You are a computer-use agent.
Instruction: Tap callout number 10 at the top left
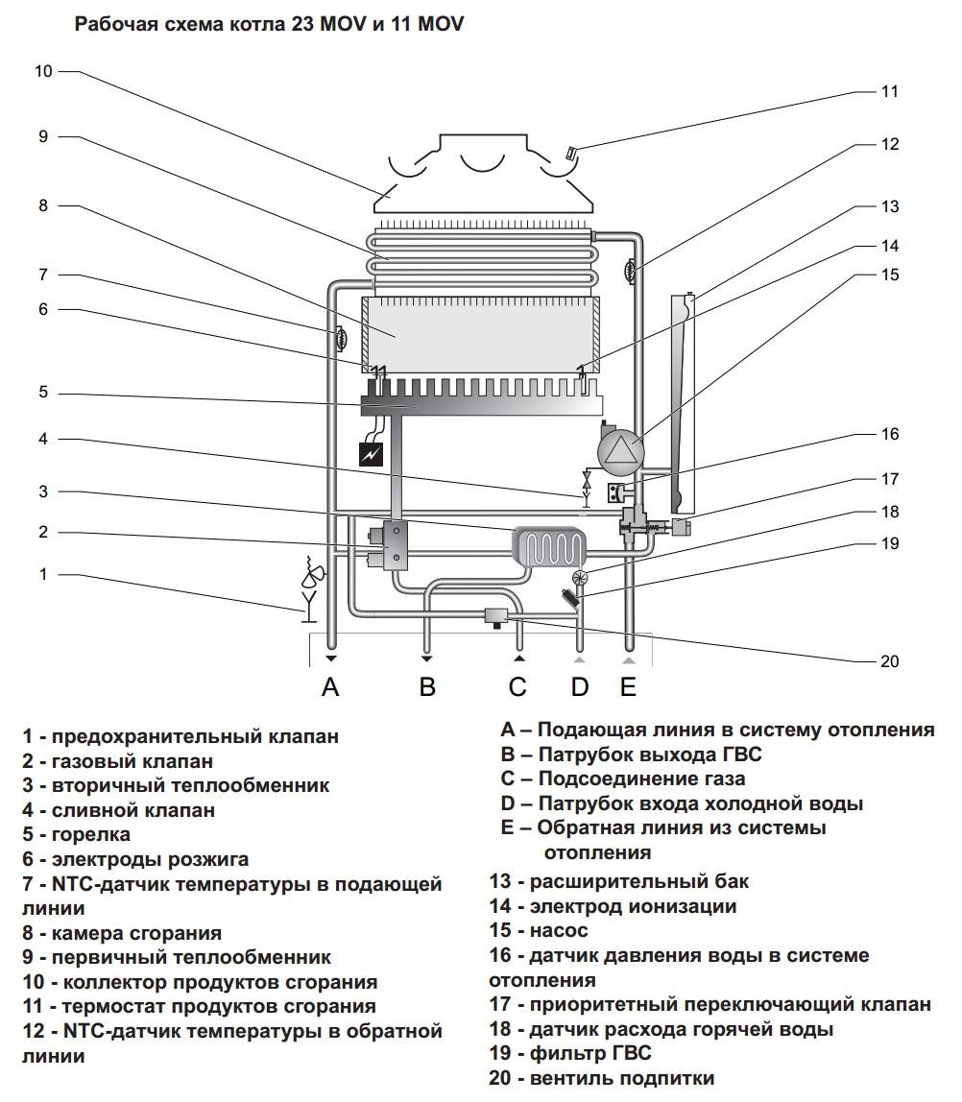click(x=43, y=71)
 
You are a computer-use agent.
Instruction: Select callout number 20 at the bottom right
click(x=890, y=661)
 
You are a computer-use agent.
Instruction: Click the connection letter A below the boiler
click(x=331, y=686)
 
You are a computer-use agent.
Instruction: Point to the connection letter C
click(x=518, y=686)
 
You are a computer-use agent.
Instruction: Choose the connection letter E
click(x=628, y=686)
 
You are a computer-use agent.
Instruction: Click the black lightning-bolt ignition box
click(x=372, y=453)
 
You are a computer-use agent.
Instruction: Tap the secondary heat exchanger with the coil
click(x=549, y=549)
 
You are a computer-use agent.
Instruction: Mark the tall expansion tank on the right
click(x=683, y=403)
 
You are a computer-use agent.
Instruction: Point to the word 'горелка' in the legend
click(x=90, y=834)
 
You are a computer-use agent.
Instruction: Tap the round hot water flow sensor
click(x=579, y=578)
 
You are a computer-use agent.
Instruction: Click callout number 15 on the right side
click(x=890, y=275)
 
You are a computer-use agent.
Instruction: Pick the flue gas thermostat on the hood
click(x=570, y=153)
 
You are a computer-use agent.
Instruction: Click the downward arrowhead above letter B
click(x=425, y=659)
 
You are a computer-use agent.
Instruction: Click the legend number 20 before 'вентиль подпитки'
click(x=500, y=1078)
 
